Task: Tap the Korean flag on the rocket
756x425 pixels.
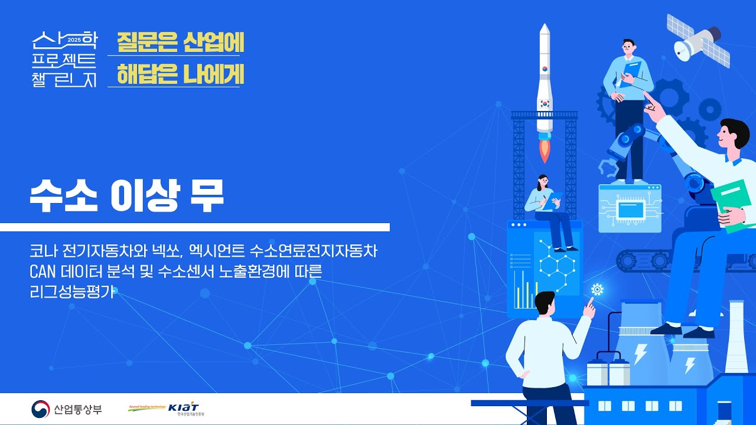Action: [x=545, y=102]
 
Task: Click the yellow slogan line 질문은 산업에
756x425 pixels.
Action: [x=180, y=42]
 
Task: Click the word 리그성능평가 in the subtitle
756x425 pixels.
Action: [x=70, y=292]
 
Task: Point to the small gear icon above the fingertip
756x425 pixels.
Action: [x=597, y=289]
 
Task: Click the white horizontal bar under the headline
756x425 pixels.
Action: [x=195, y=227]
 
